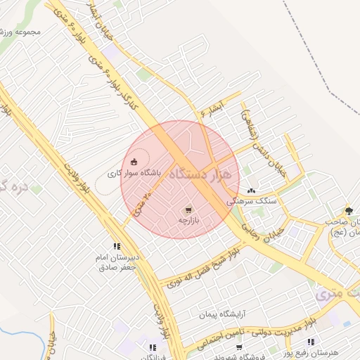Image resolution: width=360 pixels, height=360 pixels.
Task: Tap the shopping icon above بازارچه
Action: coord(188,210)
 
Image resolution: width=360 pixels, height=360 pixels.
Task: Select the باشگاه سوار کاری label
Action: coord(134,172)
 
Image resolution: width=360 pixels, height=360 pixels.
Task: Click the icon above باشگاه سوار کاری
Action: coord(134,162)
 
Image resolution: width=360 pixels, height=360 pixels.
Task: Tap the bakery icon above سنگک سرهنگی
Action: coord(252,191)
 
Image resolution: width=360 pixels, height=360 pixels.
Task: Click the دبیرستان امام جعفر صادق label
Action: coord(119,262)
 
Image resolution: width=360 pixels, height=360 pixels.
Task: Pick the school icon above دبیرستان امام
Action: coord(116,246)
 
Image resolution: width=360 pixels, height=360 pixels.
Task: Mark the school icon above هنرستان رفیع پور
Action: coord(311,342)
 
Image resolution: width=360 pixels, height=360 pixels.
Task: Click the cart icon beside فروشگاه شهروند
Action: coord(239,347)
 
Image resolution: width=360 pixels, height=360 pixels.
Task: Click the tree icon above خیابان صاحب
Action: coord(349,210)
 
